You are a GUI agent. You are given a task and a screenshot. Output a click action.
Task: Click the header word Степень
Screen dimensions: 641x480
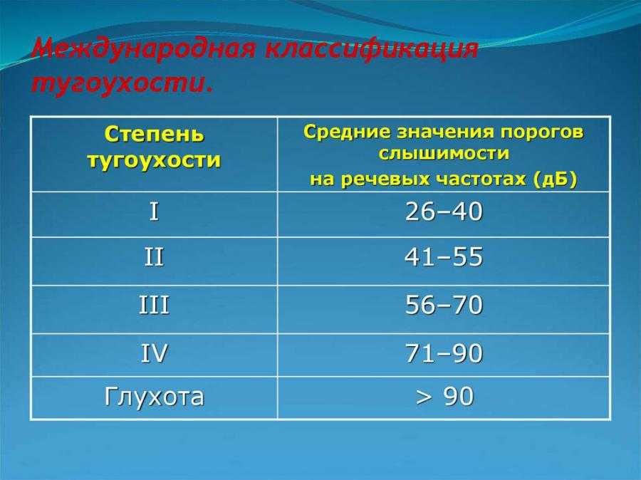tap(154, 134)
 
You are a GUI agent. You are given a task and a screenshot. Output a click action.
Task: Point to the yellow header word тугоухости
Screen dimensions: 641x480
tap(154, 160)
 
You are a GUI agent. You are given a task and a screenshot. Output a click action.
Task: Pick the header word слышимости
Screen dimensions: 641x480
tap(444, 153)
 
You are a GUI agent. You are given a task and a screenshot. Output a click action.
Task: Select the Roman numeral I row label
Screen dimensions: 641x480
tap(154, 212)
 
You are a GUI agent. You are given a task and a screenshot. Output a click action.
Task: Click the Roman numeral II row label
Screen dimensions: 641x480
tap(154, 257)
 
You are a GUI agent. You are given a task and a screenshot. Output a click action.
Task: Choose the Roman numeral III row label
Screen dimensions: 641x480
tap(154, 305)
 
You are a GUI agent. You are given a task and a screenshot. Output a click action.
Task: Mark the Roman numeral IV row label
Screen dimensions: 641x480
tap(154, 353)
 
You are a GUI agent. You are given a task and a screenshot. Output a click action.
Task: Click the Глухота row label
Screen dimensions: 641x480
tap(154, 396)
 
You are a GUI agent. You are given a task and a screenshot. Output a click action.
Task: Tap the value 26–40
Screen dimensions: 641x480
tap(444, 212)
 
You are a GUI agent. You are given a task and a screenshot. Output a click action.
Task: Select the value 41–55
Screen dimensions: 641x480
tap(444, 257)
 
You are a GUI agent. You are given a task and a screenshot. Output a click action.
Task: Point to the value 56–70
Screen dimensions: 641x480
tap(444, 305)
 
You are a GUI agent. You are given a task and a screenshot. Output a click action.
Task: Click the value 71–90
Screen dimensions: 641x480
tap(444, 353)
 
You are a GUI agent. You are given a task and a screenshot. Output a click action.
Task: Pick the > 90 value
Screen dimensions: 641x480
tap(444, 396)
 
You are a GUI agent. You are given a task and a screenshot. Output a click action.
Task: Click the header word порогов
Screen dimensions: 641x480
tap(543, 132)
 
